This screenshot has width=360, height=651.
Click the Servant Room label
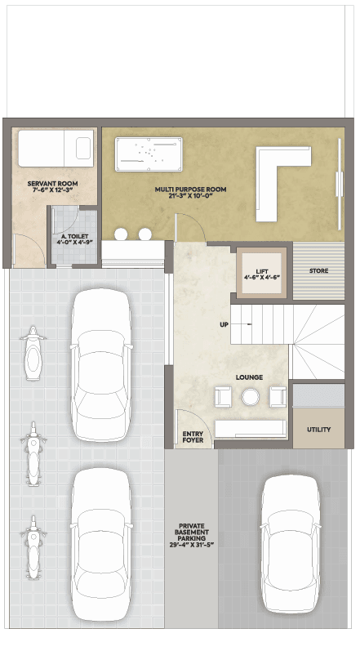53,186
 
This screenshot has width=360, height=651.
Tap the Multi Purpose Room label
191,193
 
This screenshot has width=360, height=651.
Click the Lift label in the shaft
262,274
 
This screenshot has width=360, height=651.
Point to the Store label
318,270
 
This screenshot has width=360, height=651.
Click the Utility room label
318,430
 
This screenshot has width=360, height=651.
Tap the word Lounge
249,377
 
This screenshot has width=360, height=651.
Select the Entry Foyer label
193,437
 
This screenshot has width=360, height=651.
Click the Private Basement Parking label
192,535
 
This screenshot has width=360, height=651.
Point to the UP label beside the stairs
224,324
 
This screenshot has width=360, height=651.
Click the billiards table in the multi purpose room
149,154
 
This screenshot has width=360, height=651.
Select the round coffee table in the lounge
251,397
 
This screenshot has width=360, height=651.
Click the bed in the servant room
56,149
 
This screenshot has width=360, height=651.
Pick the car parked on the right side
291,544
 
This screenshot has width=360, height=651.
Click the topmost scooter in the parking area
33,353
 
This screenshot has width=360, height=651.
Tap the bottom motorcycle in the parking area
33,547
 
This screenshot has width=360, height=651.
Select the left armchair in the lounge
223,396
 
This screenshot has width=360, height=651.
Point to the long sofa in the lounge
251,429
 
